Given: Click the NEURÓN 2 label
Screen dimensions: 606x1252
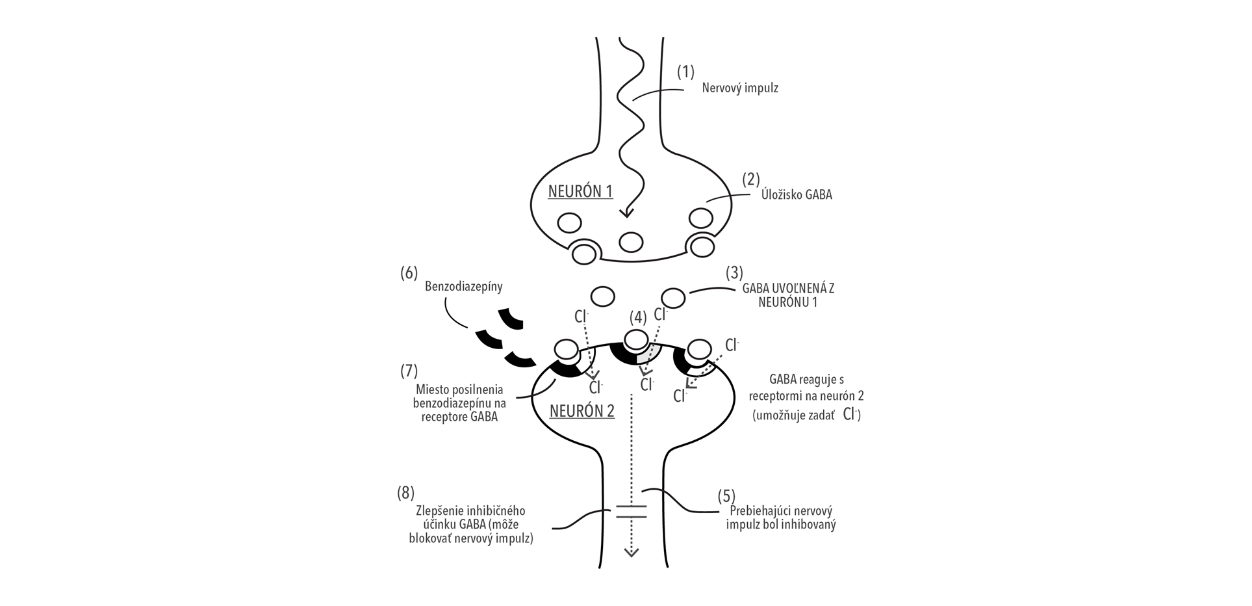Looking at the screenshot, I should [x=581, y=411].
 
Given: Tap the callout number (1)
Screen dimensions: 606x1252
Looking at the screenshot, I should [x=685, y=72].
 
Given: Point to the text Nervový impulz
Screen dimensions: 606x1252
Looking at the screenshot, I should [x=739, y=88].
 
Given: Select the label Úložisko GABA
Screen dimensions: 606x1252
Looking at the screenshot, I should [x=797, y=194].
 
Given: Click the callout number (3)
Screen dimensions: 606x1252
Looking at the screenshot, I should [x=734, y=272].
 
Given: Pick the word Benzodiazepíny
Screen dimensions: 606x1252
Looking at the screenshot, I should [x=463, y=286].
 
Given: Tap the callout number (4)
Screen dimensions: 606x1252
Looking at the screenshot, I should [x=638, y=317].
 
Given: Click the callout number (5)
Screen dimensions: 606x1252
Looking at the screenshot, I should [x=726, y=496].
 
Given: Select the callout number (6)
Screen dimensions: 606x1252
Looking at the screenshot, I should [x=409, y=272].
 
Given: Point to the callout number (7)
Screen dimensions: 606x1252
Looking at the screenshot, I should [x=409, y=371].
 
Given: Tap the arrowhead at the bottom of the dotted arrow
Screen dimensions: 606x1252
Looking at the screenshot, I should [x=631, y=553].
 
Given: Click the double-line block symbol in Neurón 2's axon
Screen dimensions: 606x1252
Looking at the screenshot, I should [x=631, y=511].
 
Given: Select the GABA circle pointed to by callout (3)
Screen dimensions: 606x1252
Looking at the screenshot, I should [x=673, y=298].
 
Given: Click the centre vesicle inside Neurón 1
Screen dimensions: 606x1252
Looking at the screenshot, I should [x=630, y=243].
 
